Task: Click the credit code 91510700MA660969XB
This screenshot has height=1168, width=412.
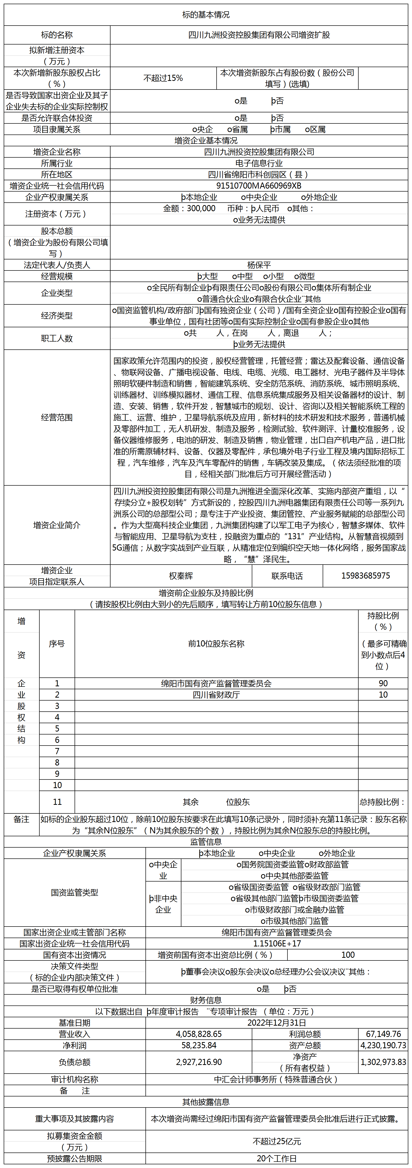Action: click(259, 185)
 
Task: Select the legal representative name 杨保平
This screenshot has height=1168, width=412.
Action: click(259, 265)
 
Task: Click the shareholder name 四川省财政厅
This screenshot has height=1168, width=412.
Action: click(216, 695)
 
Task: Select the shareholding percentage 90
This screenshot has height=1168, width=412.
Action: click(383, 683)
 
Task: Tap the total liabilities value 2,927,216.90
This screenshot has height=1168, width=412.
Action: click(199, 1062)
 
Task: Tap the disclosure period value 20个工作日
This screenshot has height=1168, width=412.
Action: click(276, 1158)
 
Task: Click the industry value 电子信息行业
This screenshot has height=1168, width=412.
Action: click(259, 163)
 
